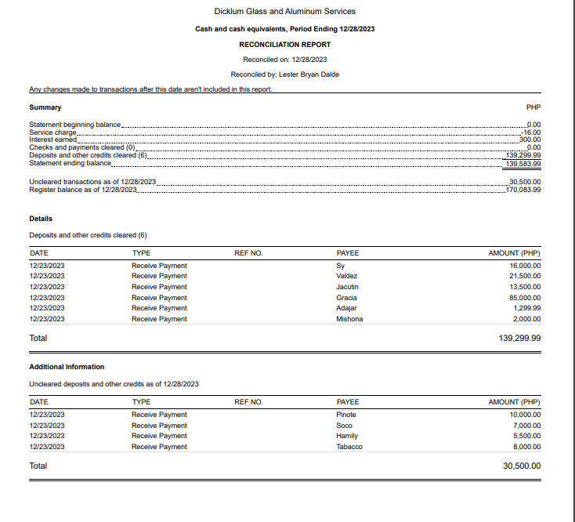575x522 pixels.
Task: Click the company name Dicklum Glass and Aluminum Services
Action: (x=284, y=11)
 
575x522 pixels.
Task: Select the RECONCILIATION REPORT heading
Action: (x=284, y=45)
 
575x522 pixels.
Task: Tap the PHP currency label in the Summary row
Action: (x=534, y=107)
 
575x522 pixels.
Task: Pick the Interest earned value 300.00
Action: (x=530, y=140)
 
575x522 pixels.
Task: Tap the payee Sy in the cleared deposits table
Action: (x=340, y=266)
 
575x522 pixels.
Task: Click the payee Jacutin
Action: (x=347, y=287)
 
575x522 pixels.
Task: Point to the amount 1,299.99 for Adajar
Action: (x=527, y=308)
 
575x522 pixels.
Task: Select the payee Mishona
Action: (x=349, y=319)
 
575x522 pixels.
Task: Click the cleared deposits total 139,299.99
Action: (x=514, y=339)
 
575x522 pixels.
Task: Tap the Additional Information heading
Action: (x=67, y=367)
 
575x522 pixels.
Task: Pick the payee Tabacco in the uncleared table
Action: (x=349, y=447)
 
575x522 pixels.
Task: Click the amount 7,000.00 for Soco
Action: (x=526, y=426)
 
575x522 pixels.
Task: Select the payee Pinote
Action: (x=346, y=415)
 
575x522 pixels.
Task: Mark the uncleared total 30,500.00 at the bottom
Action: (x=521, y=466)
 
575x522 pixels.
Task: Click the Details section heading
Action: (x=41, y=219)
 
